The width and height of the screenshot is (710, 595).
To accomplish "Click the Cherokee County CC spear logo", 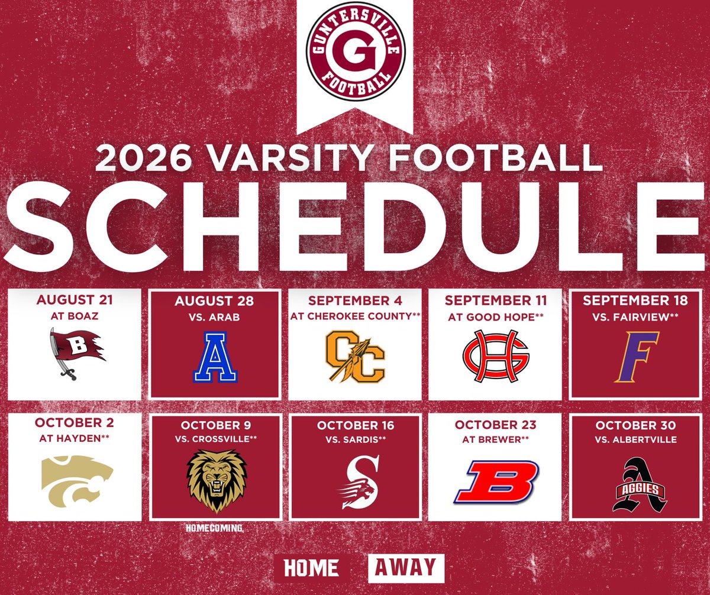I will point(355,355).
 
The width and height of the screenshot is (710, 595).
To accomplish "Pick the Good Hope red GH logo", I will point(495,355).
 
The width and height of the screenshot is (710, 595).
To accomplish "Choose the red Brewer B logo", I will point(496,482).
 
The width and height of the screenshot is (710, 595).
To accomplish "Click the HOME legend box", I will point(311,568).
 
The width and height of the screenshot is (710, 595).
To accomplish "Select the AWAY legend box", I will point(406,568).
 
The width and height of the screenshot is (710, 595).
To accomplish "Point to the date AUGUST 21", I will point(74,300).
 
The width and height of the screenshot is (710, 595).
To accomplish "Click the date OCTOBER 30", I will point(636,425).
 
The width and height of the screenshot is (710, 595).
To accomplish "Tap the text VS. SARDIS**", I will point(355,439).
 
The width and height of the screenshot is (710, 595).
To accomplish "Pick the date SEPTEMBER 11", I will point(496,300).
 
